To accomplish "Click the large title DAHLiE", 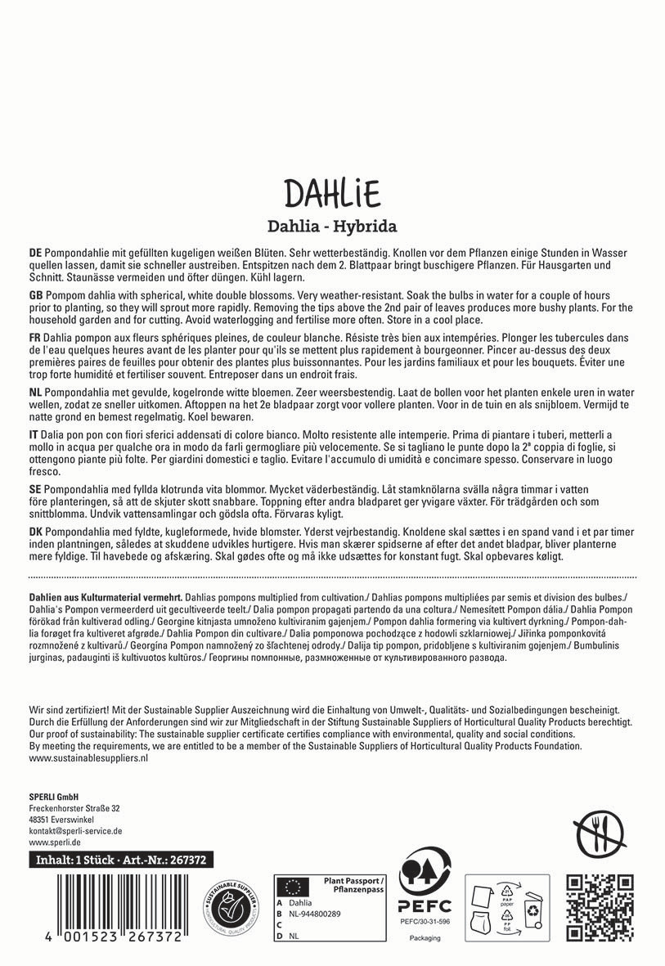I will click(332, 194).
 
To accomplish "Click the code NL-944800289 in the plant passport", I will click(316, 913).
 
